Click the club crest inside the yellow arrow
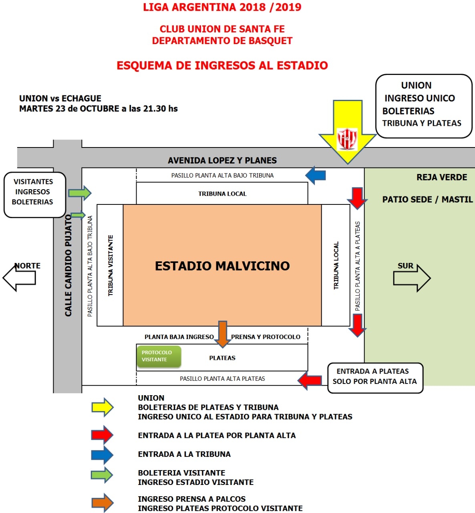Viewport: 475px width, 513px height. click(x=347, y=139)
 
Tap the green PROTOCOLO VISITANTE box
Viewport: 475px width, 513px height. click(x=159, y=356)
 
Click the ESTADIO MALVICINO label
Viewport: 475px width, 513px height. click(x=222, y=266)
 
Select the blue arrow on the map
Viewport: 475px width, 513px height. click(x=316, y=175)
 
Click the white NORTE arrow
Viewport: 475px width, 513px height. click(x=20, y=277)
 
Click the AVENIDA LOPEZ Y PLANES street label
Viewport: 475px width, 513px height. click(x=222, y=160)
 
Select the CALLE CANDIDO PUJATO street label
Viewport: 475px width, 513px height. click(x=68, y=265)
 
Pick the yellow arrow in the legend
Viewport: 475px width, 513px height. click(x=103, y=408)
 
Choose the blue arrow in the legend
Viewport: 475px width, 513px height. click(x=103, y=454)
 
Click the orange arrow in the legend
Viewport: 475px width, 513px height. click(x=103, y=503)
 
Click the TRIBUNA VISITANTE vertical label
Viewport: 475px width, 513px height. click(x=111, y=265)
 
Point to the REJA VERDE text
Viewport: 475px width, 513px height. click(x=442, y=177)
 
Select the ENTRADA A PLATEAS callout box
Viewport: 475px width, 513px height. click(x=375, y=377)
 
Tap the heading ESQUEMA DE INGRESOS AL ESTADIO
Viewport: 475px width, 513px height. click(x=222, y=65)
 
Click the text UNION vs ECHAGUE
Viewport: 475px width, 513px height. click(x=60, y=99)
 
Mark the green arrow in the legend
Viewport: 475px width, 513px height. click(x=103, y=475)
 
